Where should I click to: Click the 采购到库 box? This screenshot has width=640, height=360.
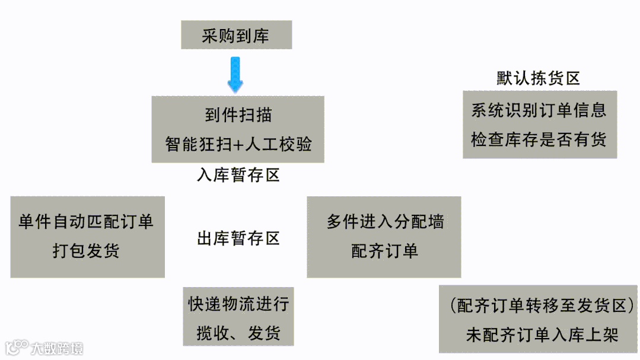click(x=236, y=36)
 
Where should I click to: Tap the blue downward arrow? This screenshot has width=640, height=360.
click(x=236, y=74)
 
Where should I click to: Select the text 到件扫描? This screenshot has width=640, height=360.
click(x=238, y=114)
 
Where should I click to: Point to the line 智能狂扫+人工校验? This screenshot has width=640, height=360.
click(x=238, y=144)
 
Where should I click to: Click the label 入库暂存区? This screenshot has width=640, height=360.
click(x=238, y=176)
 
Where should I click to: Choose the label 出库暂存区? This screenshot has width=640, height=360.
click(x=238, y=238)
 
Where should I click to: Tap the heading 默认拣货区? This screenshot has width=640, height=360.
click(x=538, y=78)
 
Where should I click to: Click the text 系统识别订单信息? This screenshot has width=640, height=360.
click(x=539, y=110)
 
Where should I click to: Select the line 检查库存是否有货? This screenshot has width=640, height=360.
click(x=539, y=140)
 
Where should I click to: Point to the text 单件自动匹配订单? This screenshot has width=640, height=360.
click(x=87, y=222)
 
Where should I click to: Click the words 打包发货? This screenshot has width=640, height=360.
click(x=87, y=251)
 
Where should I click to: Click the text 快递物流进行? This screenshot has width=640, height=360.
click(x=238, y=304)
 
